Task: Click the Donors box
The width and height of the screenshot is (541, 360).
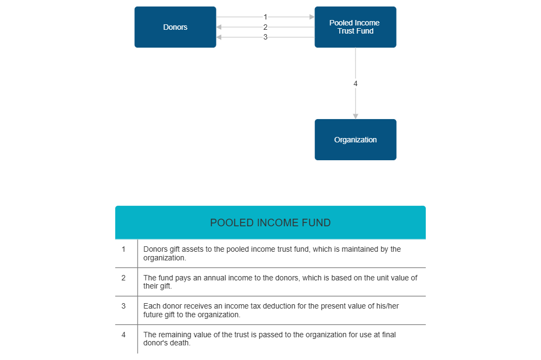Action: click(x=175, y=27)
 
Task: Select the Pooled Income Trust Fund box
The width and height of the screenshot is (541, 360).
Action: click(x=355, y=27)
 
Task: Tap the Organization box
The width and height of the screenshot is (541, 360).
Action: click(x=355, y=140)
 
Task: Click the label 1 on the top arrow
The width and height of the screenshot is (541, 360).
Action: click(x=265, y=17)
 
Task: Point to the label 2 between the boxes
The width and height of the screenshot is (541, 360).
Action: click(x=265, y=27)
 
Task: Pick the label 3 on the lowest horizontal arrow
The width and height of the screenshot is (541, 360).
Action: click(x=265, y=37)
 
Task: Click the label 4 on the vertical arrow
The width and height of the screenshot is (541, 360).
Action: click(x=355, y=83)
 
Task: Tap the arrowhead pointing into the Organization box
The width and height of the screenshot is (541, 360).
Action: click(x=355, y=116)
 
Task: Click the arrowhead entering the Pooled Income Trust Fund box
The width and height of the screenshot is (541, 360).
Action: click(x=312, y=17)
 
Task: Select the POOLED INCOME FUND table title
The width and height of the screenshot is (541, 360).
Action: click(x=270, y=223)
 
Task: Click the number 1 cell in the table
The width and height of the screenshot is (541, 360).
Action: click(x=123, y=250)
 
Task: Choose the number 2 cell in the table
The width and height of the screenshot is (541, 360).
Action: click(x=123, y=278)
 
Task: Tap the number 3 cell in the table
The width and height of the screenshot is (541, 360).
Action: click(x=123, y=306)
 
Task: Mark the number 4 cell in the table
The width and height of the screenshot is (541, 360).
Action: click(x=123, y=335)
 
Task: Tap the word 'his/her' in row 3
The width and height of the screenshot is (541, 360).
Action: click(x=387, y=306)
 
